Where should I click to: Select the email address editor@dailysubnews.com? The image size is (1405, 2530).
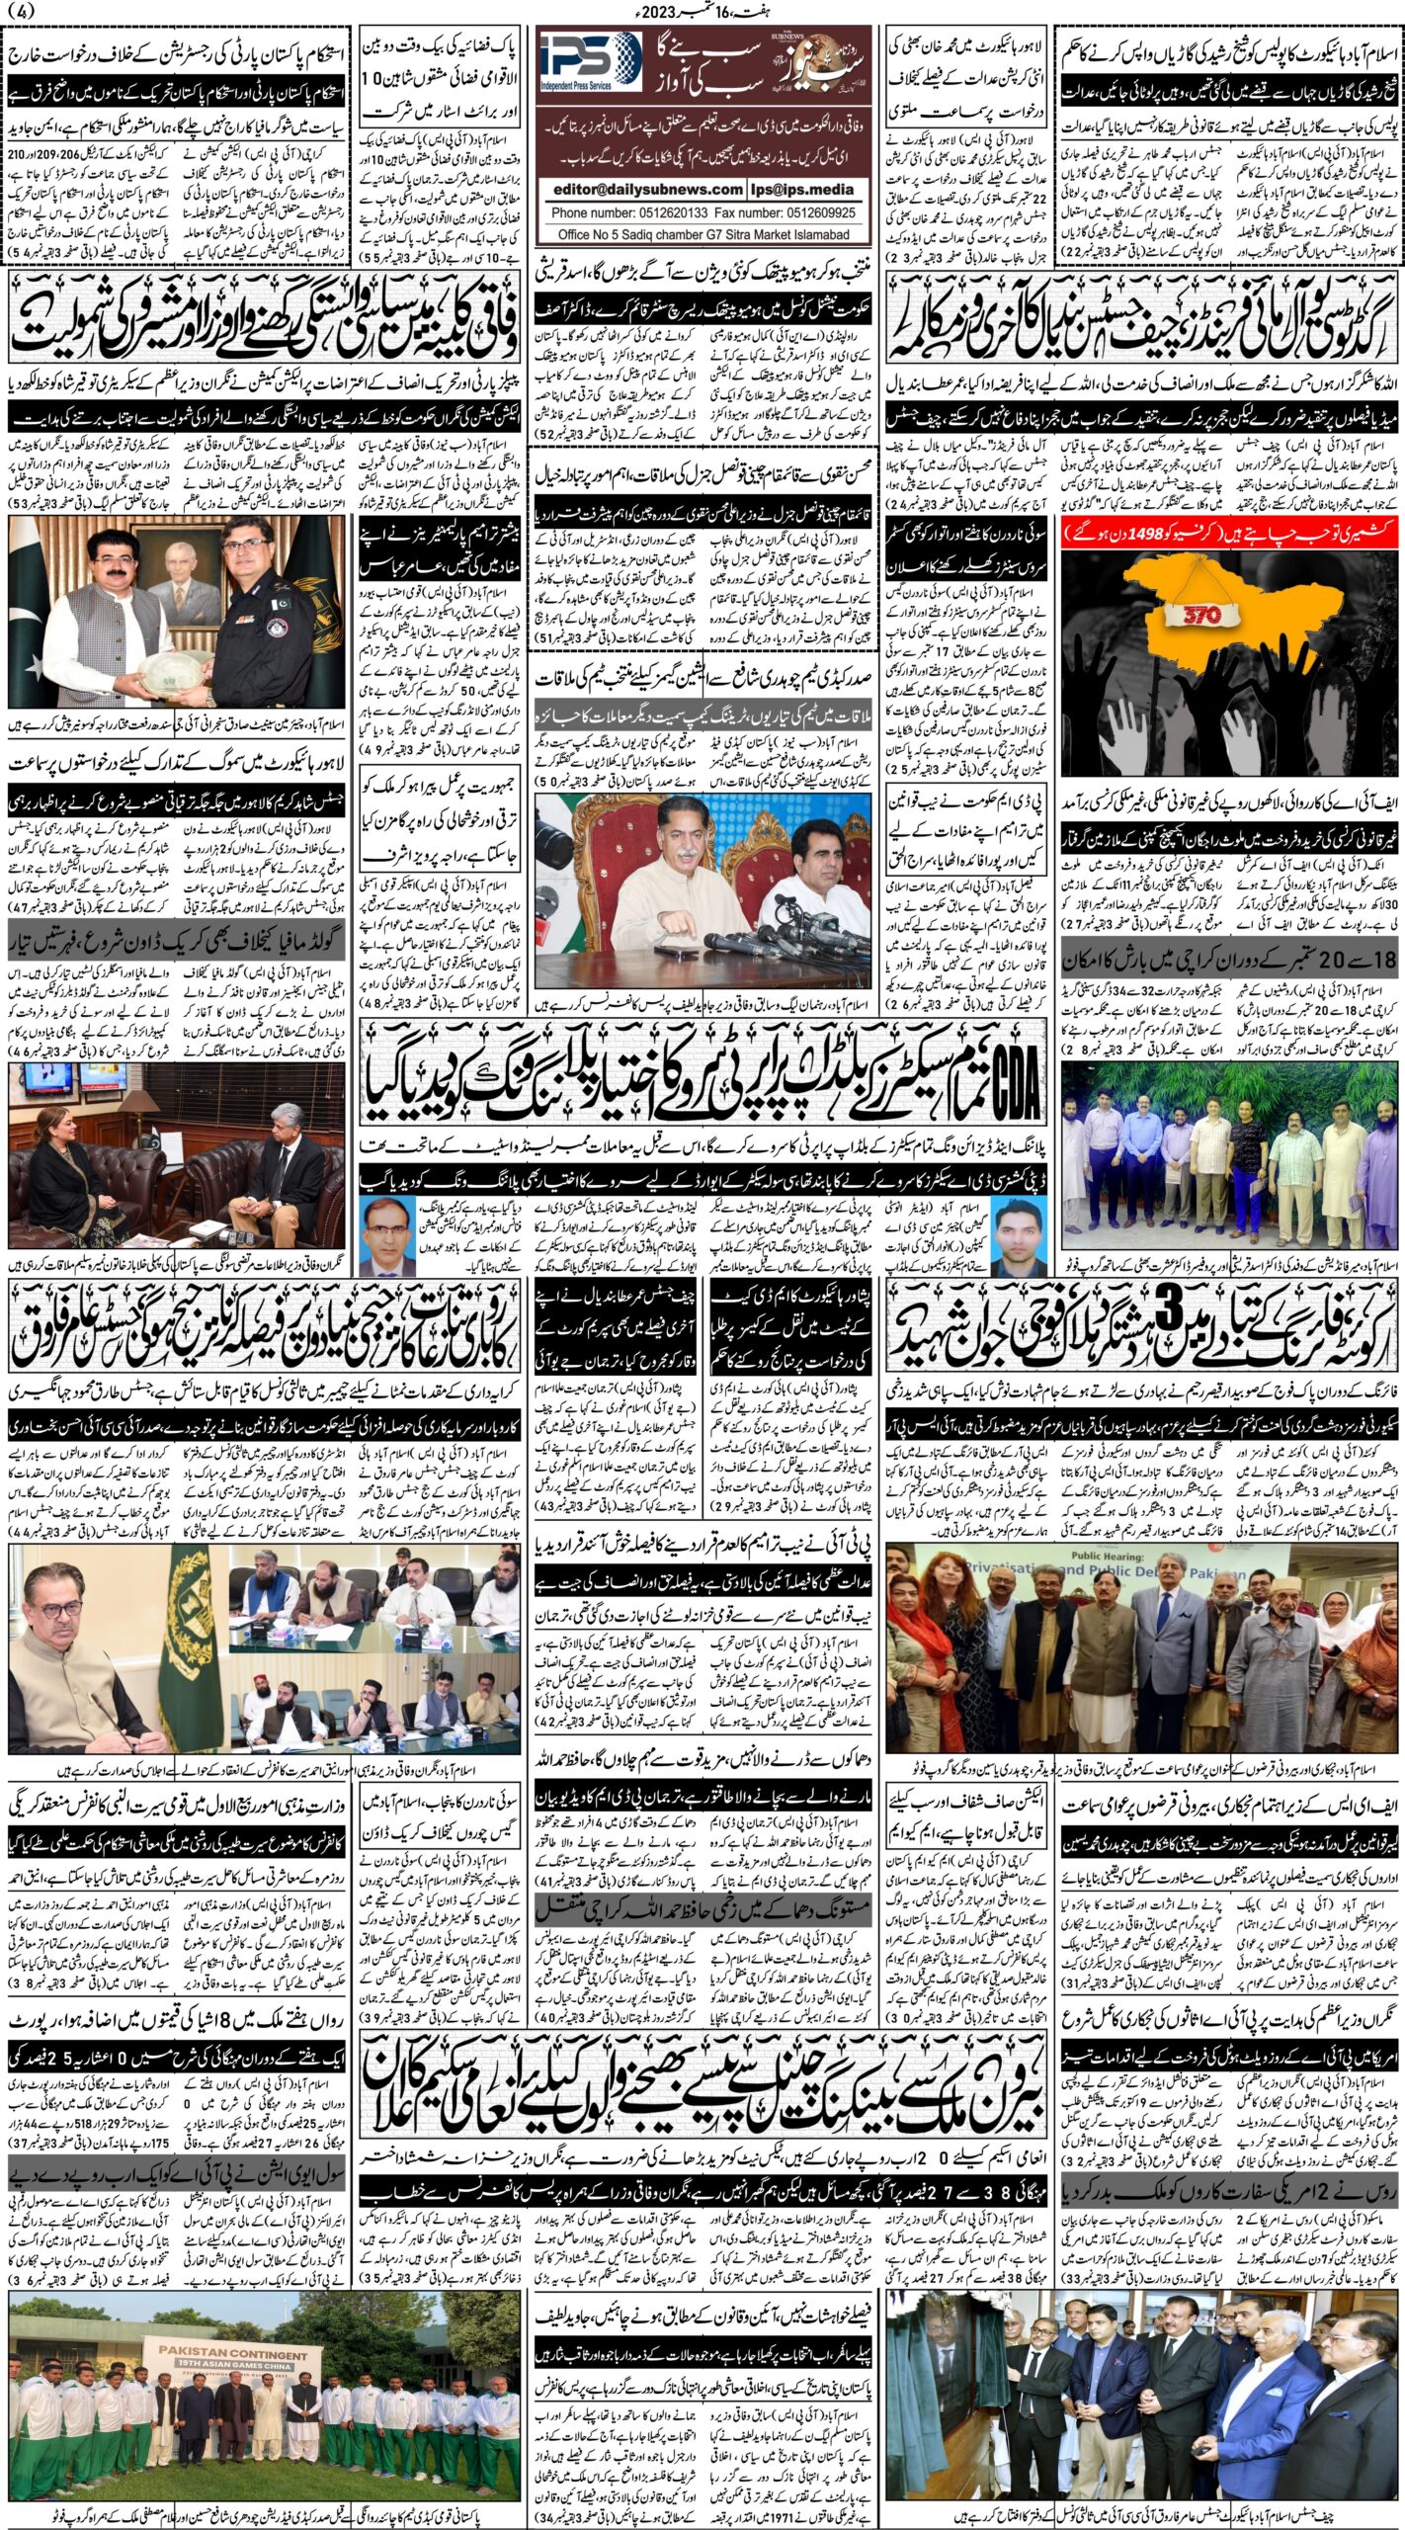point(647,189)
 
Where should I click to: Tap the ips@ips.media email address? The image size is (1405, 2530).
point(811,189)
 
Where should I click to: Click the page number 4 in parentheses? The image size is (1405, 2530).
point(22,12)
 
